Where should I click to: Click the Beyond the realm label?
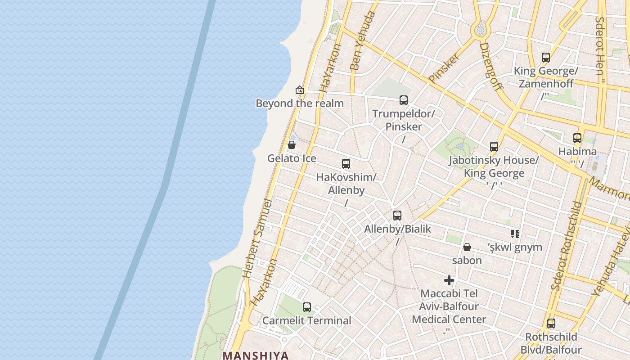299,103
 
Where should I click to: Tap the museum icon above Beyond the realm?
299,90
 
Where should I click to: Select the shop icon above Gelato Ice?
292,145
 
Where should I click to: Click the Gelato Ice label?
292,158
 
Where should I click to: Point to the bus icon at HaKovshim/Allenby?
346,164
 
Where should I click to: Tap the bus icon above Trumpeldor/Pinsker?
403,100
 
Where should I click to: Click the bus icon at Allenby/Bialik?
397,216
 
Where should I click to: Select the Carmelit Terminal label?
306,320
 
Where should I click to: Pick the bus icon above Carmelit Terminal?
306,307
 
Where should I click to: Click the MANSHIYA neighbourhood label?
256,355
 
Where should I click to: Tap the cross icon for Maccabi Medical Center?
449,280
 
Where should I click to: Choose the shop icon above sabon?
467,247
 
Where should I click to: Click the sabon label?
467,260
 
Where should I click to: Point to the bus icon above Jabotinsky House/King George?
494,147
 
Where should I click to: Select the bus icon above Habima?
577,138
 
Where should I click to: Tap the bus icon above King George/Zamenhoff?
545,58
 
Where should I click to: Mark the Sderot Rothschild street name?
567,245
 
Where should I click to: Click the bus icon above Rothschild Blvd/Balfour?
551,323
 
